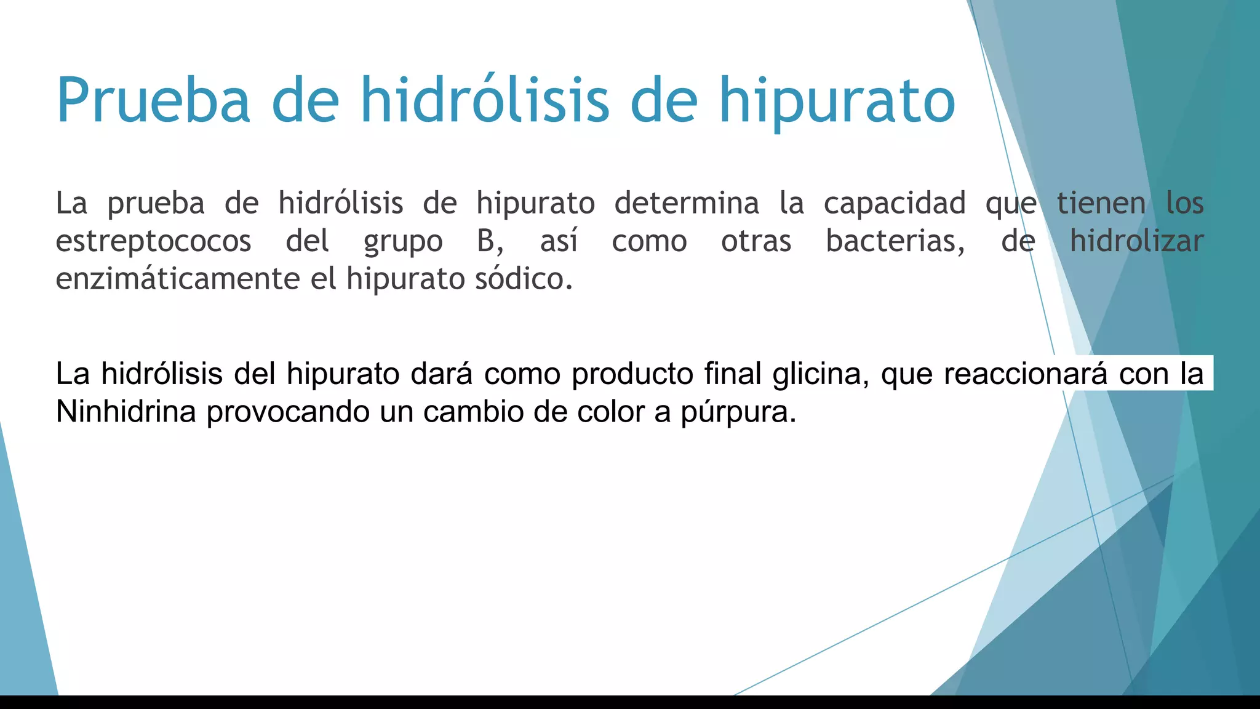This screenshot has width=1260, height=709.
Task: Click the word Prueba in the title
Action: click(x=153, y=100)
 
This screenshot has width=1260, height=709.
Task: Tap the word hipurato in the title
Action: click(x=837, y=100)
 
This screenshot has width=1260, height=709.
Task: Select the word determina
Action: click(x=687, y=203)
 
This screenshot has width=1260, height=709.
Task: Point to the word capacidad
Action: click(x=895, y=203)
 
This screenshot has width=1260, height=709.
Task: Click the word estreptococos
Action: click(x=153, y=241)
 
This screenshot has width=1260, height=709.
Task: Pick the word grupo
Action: click(x=403, y=241)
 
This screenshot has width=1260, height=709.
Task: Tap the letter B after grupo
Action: click(x=486, y=241)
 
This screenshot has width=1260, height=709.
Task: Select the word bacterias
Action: click(x=895, y=241)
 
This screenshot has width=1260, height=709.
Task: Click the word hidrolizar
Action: click(x=1136, y=241)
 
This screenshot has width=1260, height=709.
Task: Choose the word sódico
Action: click(x=524, y=279)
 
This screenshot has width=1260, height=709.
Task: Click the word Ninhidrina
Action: click(x=126, y=411)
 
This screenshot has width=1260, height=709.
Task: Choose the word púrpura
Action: click(x=738, y=412)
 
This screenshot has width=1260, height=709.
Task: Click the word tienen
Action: click(x=1101, y=203)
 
